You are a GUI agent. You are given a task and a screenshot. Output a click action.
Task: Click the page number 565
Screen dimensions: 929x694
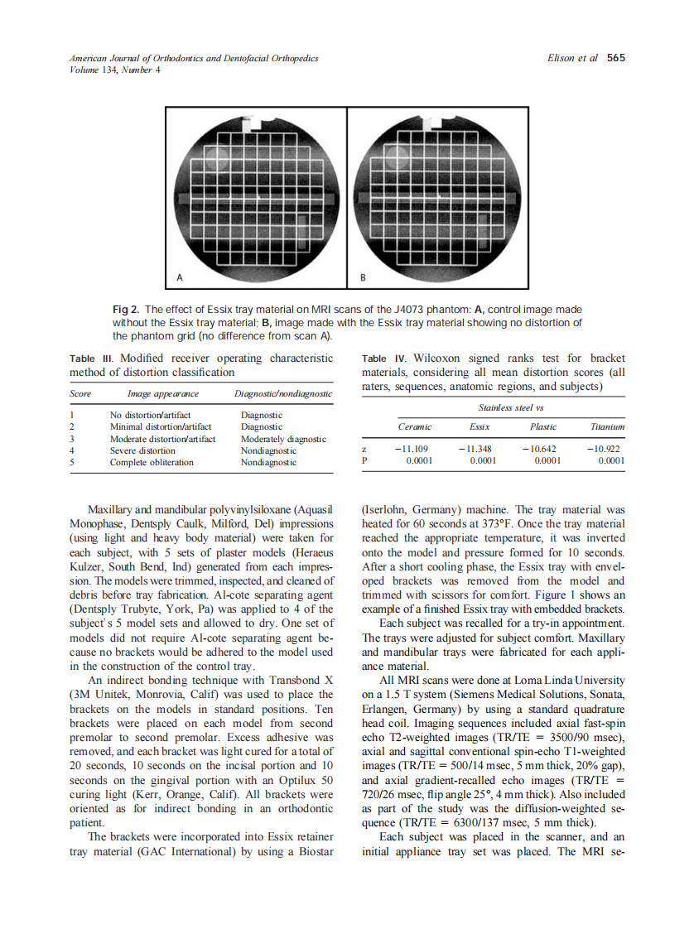615,58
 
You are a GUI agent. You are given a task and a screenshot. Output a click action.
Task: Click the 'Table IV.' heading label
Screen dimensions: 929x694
385,359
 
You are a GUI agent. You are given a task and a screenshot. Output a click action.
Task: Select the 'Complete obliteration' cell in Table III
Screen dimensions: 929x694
152,462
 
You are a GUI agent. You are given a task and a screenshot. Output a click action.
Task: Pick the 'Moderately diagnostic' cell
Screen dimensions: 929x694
282,439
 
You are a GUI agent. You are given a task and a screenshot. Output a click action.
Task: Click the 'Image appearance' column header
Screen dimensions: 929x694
162,394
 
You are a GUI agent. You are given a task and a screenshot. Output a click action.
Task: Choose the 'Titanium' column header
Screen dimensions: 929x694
607,426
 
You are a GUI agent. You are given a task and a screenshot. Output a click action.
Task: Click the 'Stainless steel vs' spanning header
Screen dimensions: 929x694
511,407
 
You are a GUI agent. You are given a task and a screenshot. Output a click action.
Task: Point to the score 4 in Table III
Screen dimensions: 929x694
73,450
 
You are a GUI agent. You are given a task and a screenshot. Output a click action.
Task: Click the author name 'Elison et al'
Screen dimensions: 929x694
572,58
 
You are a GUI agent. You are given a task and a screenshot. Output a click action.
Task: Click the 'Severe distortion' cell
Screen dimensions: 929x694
142,450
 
